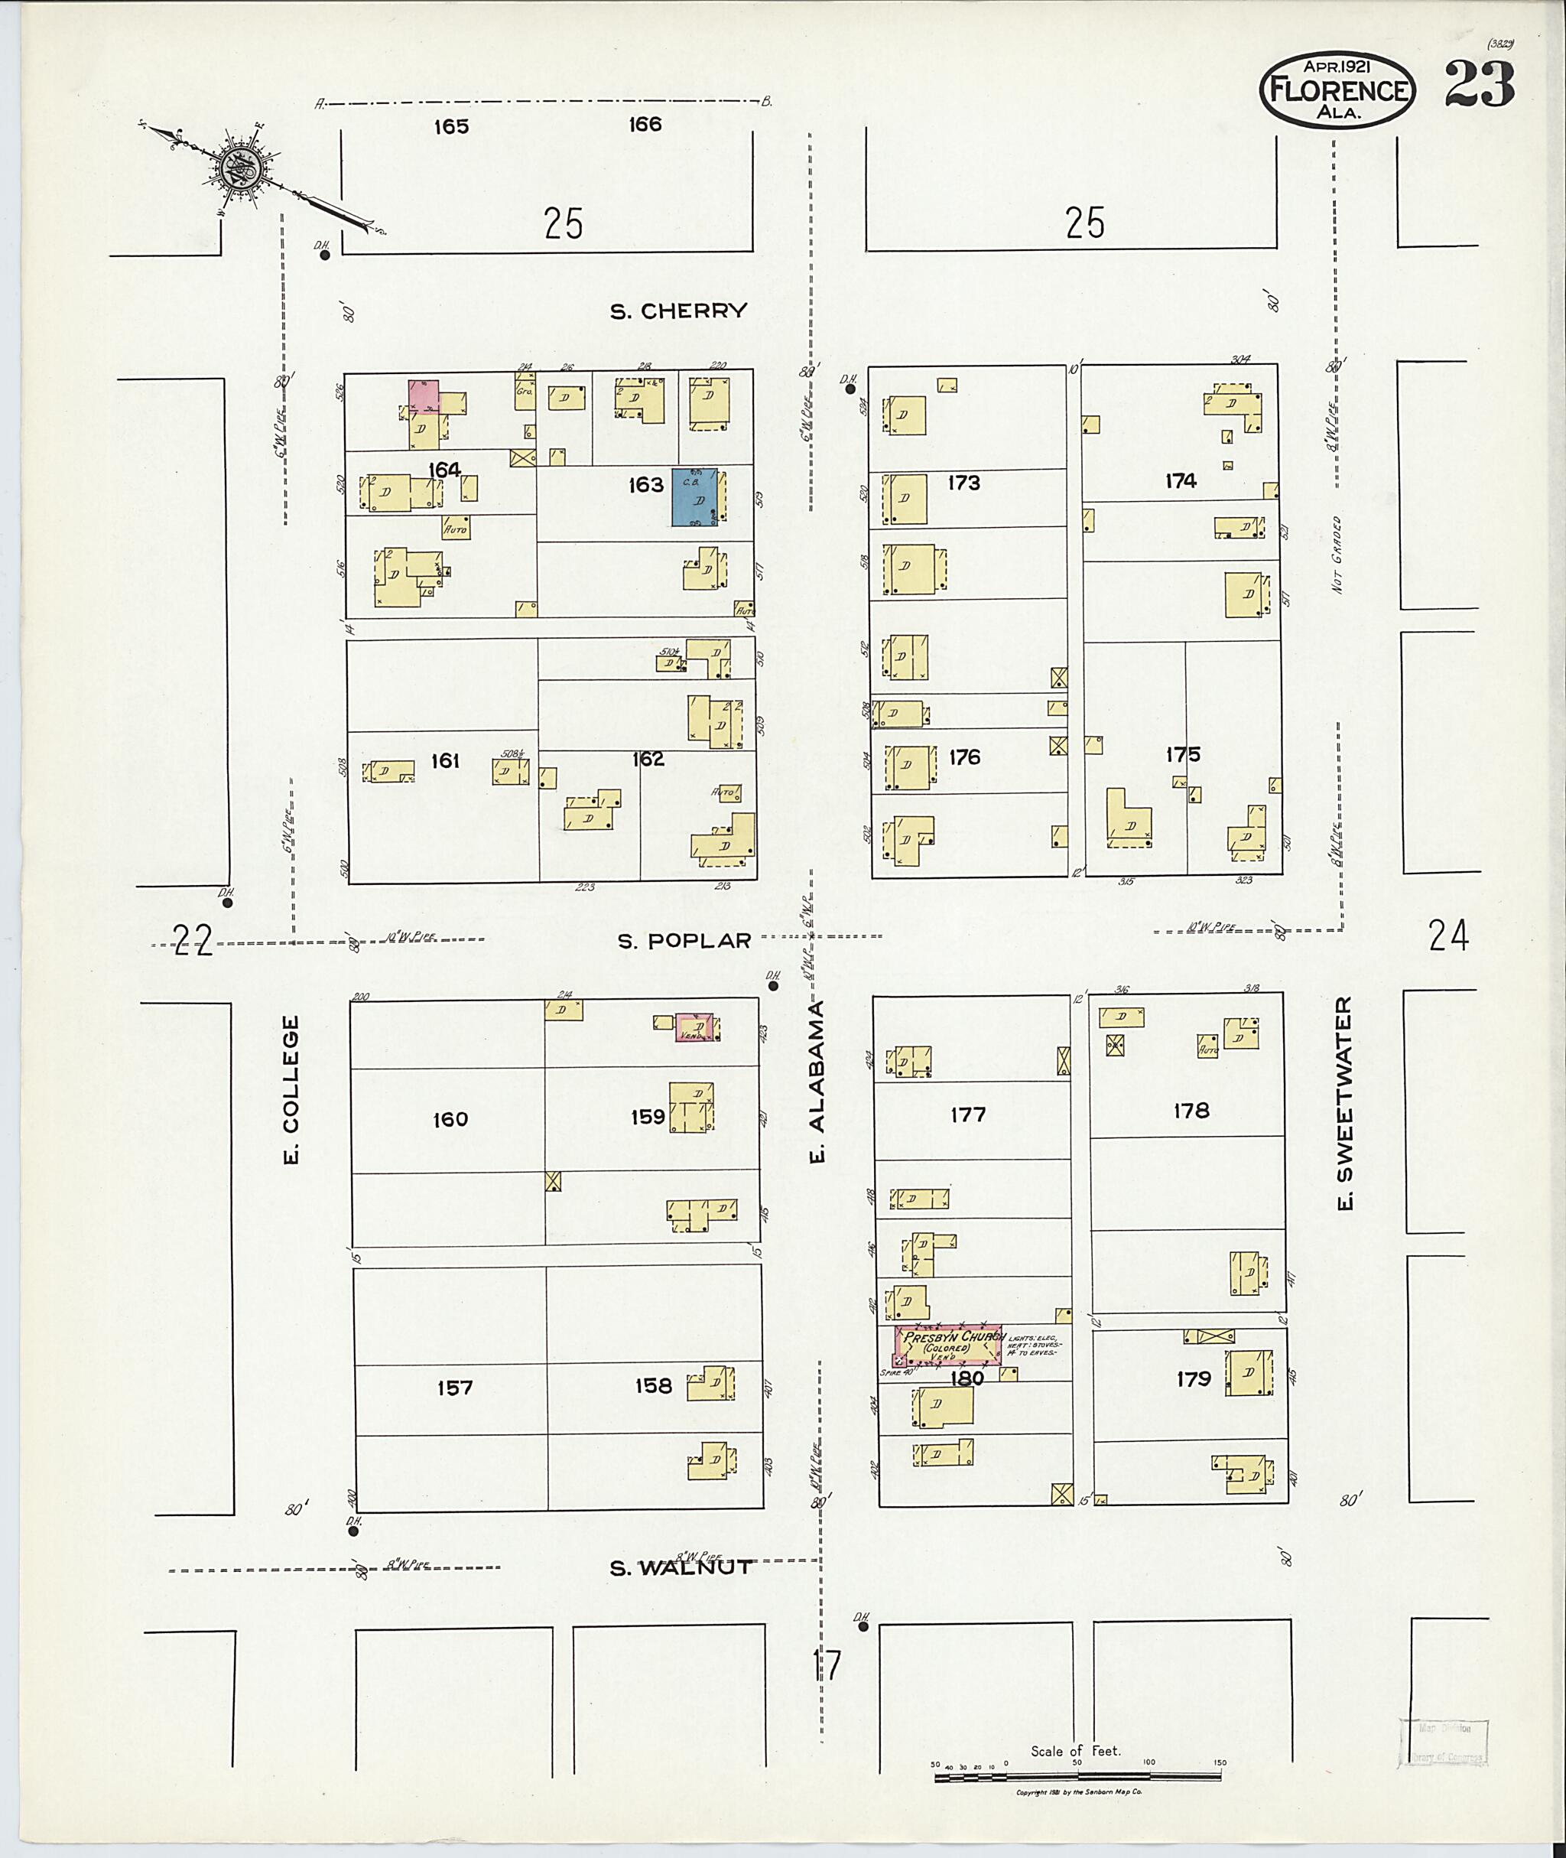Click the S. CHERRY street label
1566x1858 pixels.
coord(678,311)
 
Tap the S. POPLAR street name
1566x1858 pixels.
coord(684,941)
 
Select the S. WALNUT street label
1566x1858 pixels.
coord(681,1567)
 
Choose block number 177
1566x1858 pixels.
coord(967,1114)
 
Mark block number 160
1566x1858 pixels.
coord(450,1119)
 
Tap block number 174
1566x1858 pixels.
coord(1181,480)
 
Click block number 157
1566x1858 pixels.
coord(454,1388)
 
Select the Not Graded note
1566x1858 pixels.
coord(1337,555)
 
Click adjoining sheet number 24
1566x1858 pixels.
coord(1448,936)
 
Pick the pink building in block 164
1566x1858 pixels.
coord(424,395)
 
